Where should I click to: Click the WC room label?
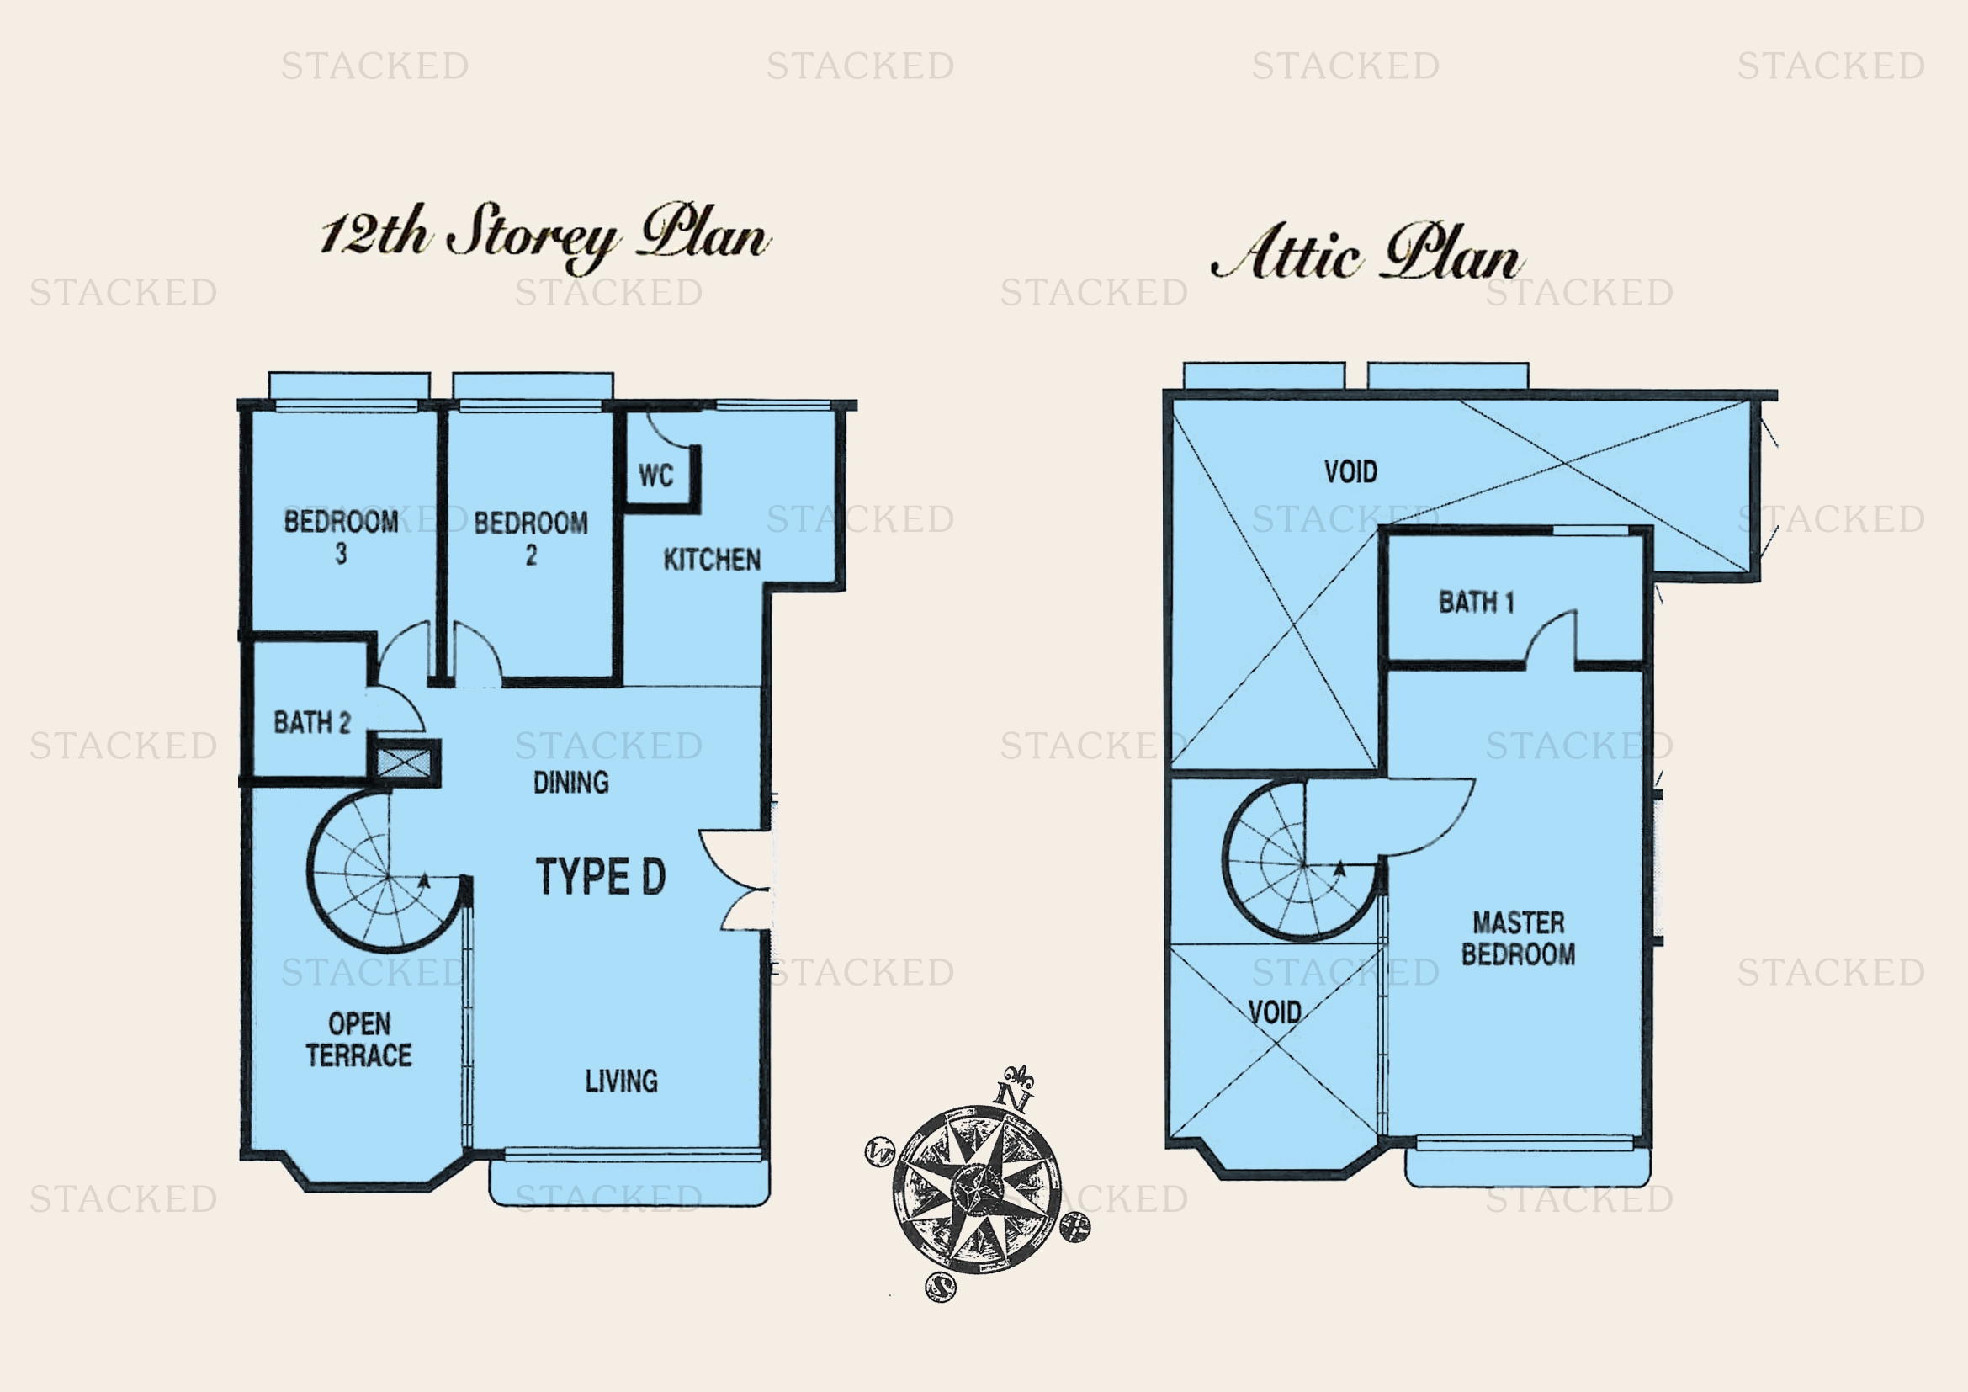tap(655, 476)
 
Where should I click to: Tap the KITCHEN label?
tap(712, 560)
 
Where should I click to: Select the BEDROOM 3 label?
tap(341, 537)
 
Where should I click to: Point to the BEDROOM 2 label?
tap(531, 539)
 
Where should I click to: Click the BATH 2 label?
tap(312, 723)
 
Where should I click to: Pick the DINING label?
tap(570, 782)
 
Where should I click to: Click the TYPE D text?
tap(601, 876)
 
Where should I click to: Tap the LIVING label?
tap(622, 1081)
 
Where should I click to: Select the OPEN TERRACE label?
tap(359, 1039)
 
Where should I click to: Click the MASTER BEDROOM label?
tap(1518, 938)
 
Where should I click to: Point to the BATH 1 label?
tap(1476, 602)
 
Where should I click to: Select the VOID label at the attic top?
tap(1351, 471)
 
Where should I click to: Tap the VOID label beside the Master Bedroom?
tap(1275, 1012)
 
